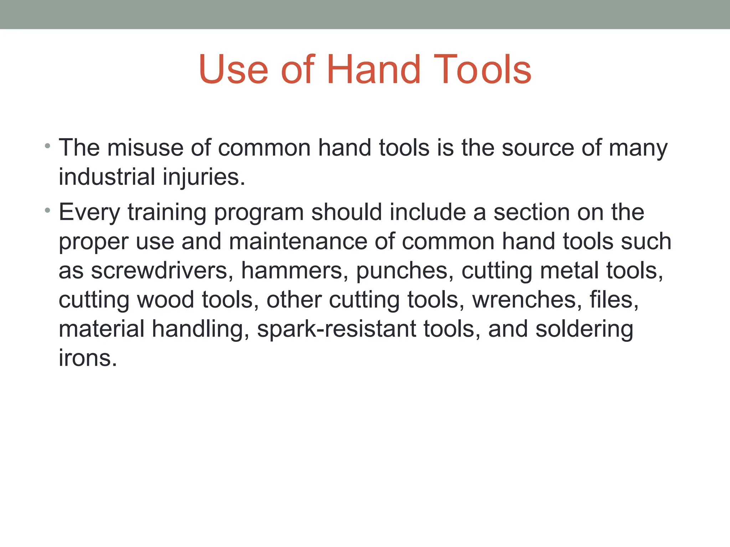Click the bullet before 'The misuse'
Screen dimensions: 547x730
47,146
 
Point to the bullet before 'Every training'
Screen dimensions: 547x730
47,210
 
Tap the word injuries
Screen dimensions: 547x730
204,177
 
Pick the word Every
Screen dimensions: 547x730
89,213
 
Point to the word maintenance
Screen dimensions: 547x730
298,241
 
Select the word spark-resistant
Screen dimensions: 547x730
336,329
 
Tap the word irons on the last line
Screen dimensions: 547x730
88,358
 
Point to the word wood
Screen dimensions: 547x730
166,300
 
